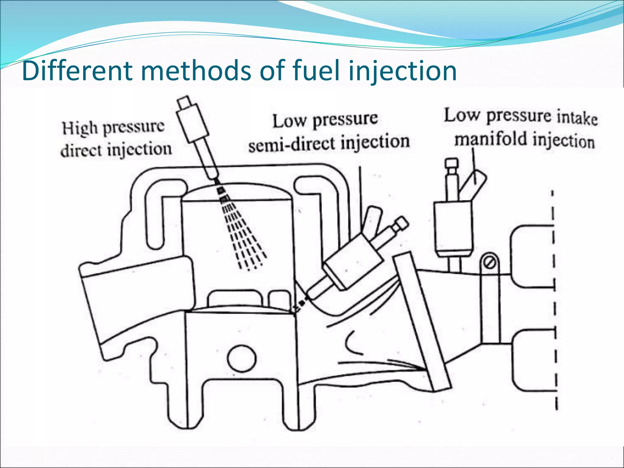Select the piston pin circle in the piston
(x=242, y=358)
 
